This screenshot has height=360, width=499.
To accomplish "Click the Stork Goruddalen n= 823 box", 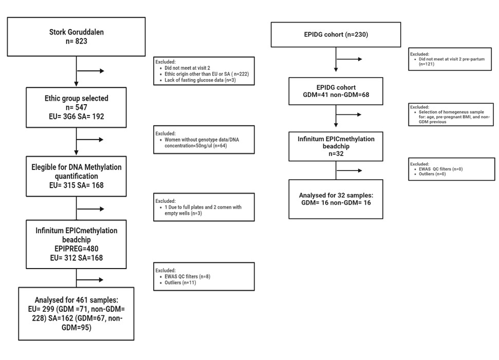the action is pos(77,36).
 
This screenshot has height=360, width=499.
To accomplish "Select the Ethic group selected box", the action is pos(77,107).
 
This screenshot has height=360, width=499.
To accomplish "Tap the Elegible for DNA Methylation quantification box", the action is pos(77,176).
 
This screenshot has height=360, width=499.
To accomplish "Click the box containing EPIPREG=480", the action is pos(77,244).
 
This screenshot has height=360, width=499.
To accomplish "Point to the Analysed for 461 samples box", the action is pos(77,314).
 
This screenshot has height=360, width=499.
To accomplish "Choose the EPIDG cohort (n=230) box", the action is pos(336,34).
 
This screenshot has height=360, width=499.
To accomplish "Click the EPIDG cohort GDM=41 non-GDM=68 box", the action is pos(336,91).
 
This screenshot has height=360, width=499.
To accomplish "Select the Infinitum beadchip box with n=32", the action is pos(336,146).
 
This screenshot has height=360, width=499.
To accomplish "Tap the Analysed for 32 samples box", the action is pos(336,199).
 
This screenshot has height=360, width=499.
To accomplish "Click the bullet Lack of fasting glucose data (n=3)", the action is pos(200,80).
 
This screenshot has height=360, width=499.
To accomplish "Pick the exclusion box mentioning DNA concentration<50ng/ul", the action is pos(204,140).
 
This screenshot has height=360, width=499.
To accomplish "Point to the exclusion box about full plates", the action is pos(204,207).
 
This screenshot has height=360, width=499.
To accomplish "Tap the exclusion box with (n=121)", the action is pos(450,59).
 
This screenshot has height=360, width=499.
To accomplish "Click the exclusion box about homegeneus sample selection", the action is pos(451,115).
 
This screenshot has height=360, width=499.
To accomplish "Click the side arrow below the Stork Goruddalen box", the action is pos(90,71).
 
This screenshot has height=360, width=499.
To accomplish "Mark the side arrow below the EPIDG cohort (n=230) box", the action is pos(349,59).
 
